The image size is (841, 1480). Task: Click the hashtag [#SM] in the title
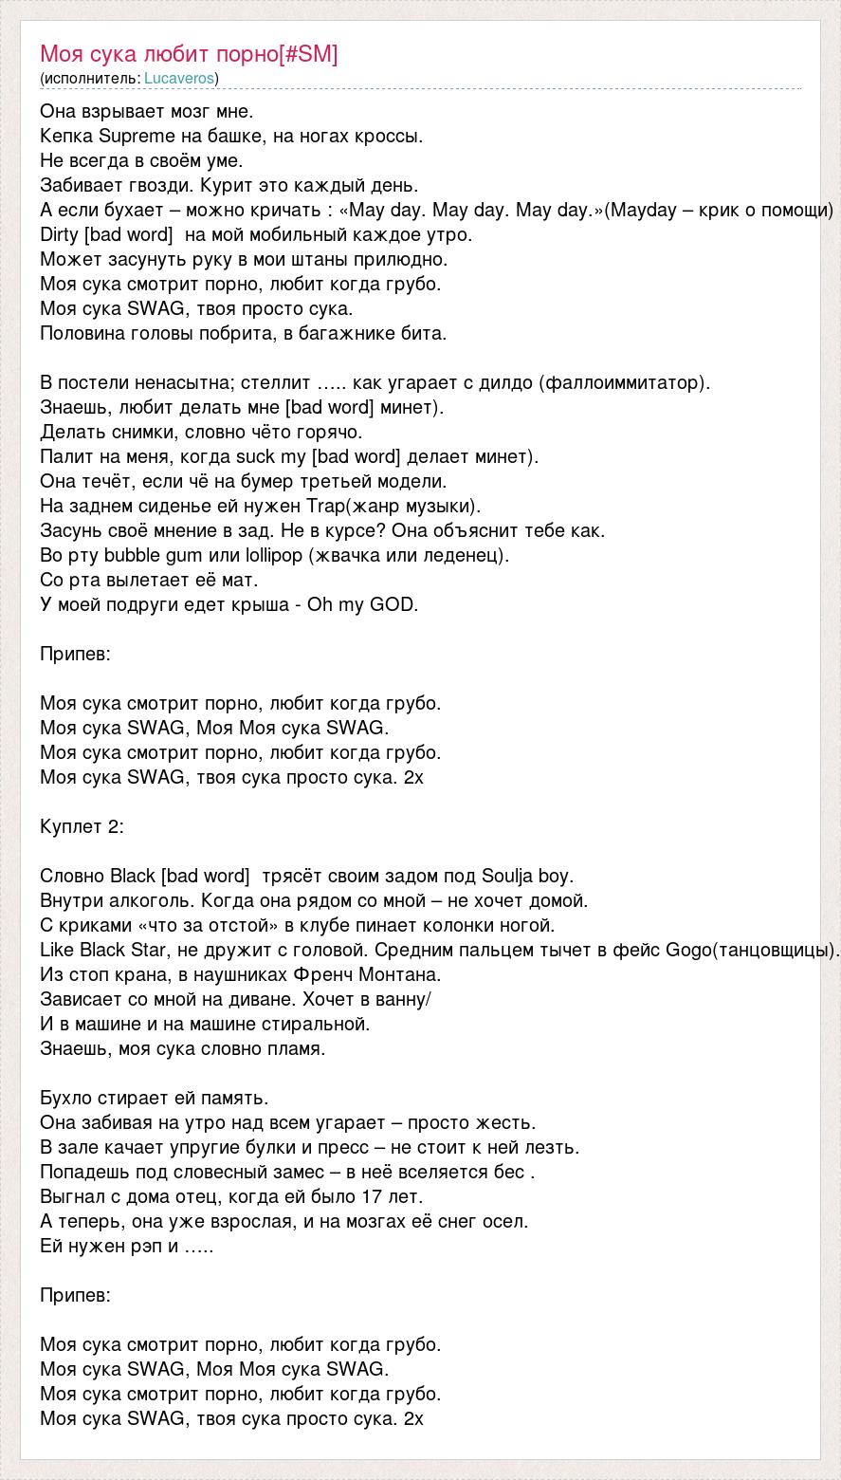coord(308,54)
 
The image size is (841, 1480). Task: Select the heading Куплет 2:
coord(82,826)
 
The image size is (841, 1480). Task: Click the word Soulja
coord(511,876)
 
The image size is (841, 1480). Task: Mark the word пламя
coord(294,1048)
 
